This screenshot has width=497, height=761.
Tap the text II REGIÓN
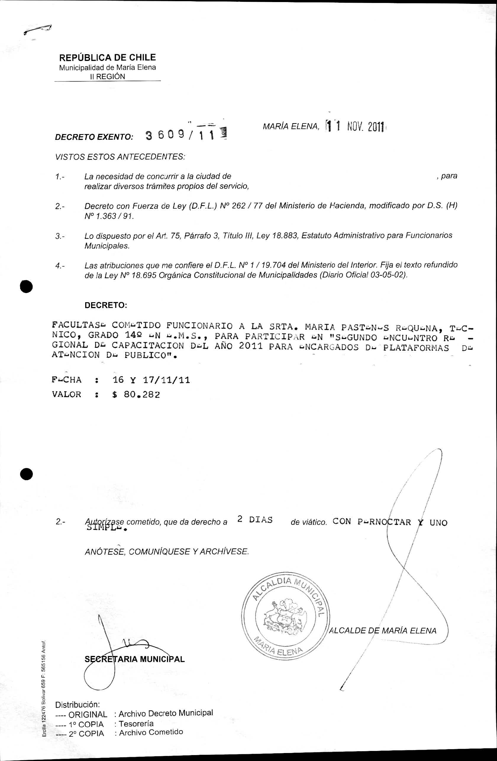pyautogui.click(x=107, y=76)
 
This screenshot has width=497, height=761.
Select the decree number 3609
pyautogui.click(x=165, y=136)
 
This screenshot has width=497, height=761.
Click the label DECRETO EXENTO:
pyautogui.click(x=94, y=137)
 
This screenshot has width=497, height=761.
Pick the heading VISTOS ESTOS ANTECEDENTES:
pyautogui.click(x=120, y=157)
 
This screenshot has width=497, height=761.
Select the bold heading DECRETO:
pyautogui.click(x=106, y=305)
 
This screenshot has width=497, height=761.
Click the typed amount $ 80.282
pyautogui.click(x=136, y=395)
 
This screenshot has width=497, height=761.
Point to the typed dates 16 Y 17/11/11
pyautogui.click(x=151, y=380)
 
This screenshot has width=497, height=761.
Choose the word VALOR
pyautogui.click(x=67, y=394)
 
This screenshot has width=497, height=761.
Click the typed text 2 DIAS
pyautogui.click(x=255, y=519)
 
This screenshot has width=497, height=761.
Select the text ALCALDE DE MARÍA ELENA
pyautogui.click(x=383, y=631)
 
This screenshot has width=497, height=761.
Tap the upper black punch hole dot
pyautogui.click(x=26, y=286)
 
